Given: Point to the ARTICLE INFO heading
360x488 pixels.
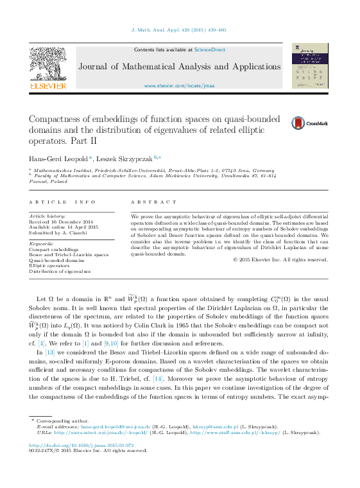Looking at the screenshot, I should click(x=59, y=202).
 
